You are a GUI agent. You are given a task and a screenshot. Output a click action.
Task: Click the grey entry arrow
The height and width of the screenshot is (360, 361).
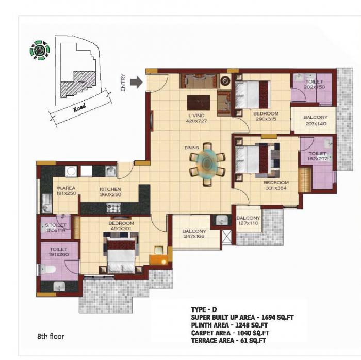pyautogui.click(x=136, y=82)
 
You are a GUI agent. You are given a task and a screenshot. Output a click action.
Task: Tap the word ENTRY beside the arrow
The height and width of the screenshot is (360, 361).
pyautogui.click(x=123, y=83)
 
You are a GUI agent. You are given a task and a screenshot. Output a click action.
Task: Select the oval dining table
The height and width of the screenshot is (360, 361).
pyautogui.click(x=207, y=163)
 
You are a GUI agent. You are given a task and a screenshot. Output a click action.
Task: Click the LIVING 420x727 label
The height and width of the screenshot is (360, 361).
pyautogui.click(x=196, y=118)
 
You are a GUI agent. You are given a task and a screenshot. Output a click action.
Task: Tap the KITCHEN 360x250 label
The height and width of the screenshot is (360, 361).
pyautogui.click(x=110, y=192)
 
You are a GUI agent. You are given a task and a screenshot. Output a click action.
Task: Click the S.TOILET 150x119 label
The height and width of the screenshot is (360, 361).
pyautogui.click(x=55, y=228)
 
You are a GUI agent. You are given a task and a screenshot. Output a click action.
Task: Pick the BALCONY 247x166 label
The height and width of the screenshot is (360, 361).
pyautogui.click(x=194, y=234)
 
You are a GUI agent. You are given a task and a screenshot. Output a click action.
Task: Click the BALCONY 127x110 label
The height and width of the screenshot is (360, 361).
pyautogui.click(x=248, y=221)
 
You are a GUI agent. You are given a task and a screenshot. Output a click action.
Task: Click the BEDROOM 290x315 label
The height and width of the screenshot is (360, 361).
pyautogui.click(x=266, y=116)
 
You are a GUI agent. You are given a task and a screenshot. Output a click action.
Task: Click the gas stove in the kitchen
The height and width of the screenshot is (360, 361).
pyautogui.click(x=113, y=208)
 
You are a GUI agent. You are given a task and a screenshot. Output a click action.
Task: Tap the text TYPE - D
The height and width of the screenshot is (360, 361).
pyautogui.click(x=204, y=309)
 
